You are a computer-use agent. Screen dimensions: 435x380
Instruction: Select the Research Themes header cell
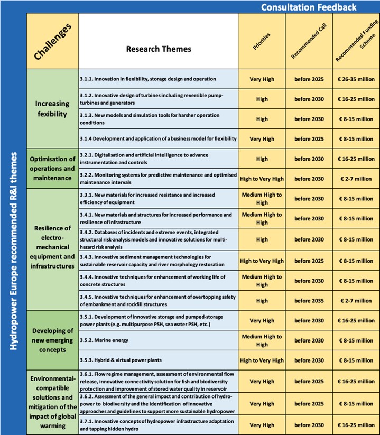[x=158, y=49]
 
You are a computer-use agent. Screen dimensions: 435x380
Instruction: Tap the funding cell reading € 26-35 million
[x=356, y=79]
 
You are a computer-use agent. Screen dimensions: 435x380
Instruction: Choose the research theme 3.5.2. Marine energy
[x=158, y=340]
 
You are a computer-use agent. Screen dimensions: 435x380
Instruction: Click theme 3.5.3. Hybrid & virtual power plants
[x=158, y=360]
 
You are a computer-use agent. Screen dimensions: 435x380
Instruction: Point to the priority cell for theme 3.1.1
[x=262, y=79]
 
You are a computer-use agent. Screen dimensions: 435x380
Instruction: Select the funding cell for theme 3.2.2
[x=356, y=179]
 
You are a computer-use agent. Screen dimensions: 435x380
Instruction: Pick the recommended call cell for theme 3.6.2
[x=309, y=403]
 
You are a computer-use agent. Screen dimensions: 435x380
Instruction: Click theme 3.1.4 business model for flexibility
[x=158, y=139]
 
